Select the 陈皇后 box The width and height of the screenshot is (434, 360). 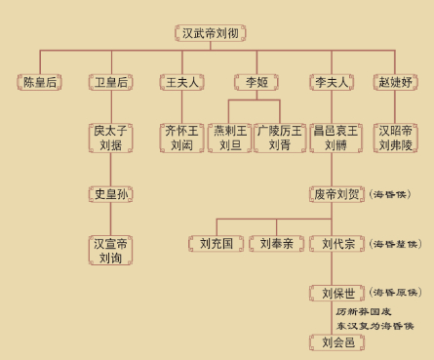[x=41, y=83]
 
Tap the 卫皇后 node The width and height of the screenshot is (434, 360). [x=109, y=83]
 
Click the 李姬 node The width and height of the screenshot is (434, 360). [x=256, y=83]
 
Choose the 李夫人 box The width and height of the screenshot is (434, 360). [x=332, y=83]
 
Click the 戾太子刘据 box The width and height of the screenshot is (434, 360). [x=109, y=137]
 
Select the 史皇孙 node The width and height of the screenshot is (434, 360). [x=109, y=194]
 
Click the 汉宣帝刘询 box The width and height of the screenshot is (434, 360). [x=109, y=249]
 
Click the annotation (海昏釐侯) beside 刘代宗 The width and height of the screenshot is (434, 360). [x=395, y=243]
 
